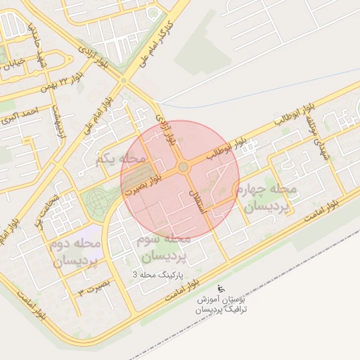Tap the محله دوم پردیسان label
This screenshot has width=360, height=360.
(x=76, y=252)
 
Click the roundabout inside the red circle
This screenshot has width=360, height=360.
(x=184, y=167)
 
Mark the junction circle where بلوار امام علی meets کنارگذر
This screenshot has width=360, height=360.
(x=124, y=81)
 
